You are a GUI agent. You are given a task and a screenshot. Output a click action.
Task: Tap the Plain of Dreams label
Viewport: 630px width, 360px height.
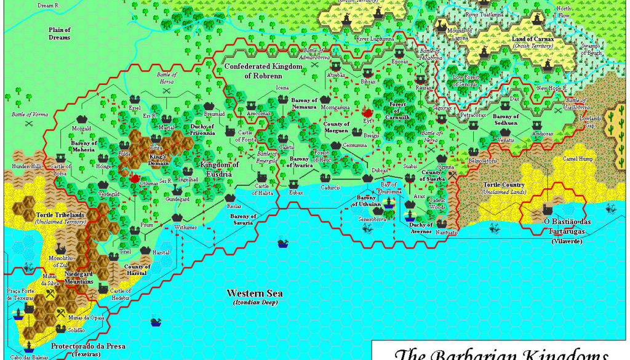click(x=60, y=33)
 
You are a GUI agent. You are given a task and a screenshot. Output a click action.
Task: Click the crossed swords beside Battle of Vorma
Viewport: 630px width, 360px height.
click(x=28, y=123)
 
